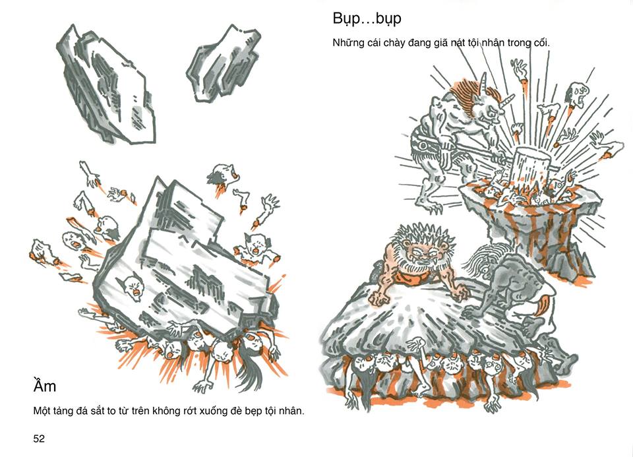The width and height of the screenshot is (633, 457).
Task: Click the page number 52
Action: pyautogui.click(x=39, y=439)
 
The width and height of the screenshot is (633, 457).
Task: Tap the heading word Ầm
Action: pyautogui.click(x=45, y=386)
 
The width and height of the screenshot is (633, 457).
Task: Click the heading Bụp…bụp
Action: pyautogui.click(x=367, y=19)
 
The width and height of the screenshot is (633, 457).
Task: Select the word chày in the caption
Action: pyautogui.click(x=394, y=44)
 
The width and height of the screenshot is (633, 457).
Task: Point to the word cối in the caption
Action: pyautogui.click(x=541, y=43)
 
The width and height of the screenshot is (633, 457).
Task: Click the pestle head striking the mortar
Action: pyautogui.click(x=529, y=166)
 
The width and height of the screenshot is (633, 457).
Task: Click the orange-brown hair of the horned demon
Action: pyautogui.click(x=467, y=96)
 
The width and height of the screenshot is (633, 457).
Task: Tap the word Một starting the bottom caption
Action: pyautogui.click(x=42, y=411)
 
